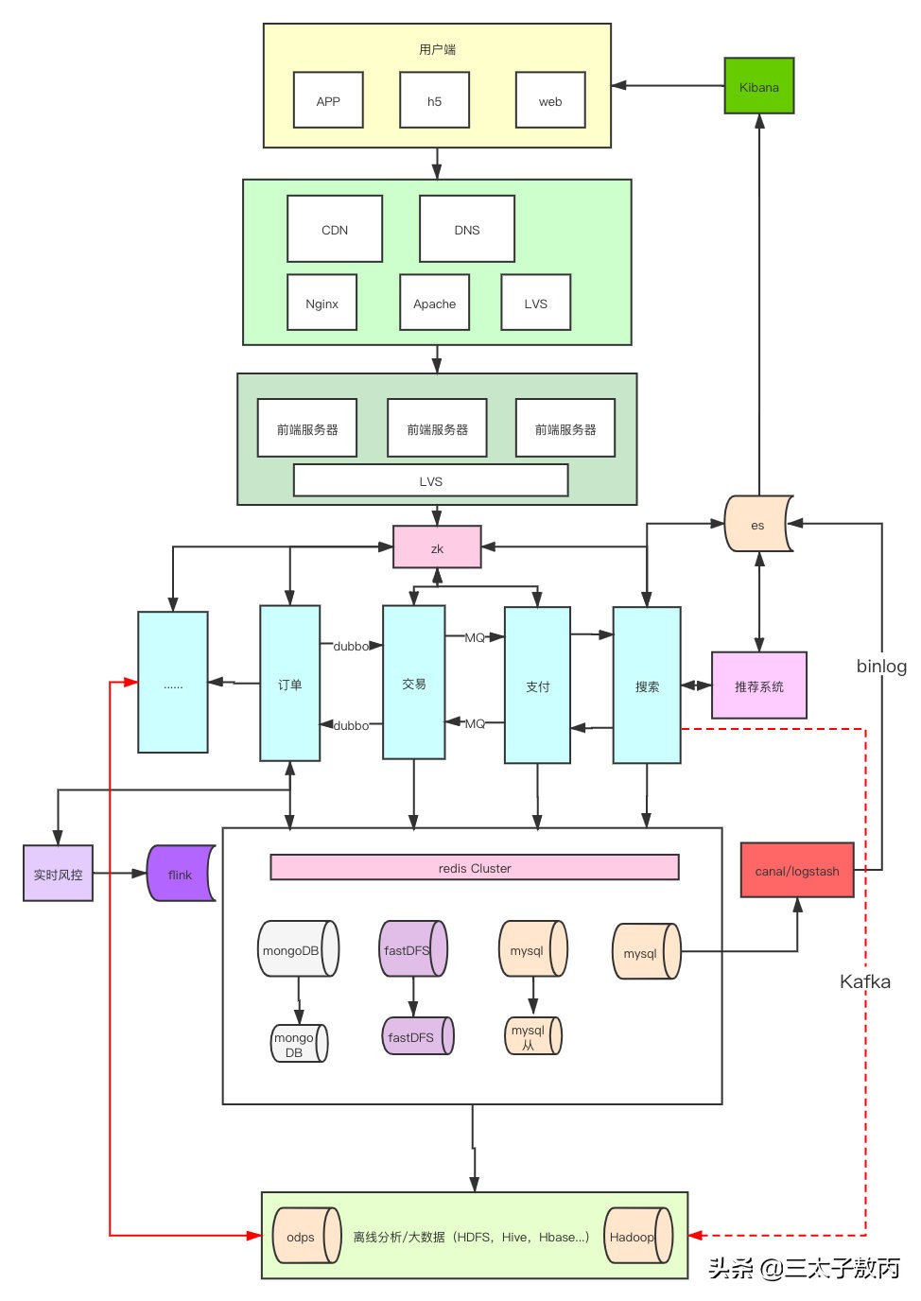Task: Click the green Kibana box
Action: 758,86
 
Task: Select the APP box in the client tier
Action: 328,100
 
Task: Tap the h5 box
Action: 434,100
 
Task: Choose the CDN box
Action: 335,229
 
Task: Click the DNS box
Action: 467,229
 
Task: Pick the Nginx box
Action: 321,303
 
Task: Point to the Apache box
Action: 434,303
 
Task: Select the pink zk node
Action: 437,547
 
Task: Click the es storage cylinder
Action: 758,524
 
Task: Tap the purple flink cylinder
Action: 180,874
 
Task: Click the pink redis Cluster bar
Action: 475,867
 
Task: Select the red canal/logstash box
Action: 797,870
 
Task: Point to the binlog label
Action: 881,666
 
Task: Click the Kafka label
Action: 865,981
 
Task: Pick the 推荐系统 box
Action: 758,685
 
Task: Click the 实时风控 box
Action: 58,874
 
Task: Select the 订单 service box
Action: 289,684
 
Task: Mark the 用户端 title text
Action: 437,49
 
